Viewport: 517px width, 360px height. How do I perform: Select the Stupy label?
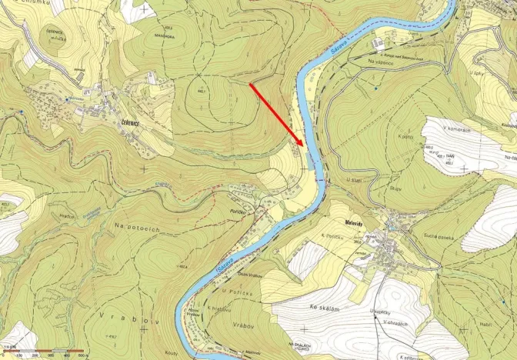click(x=374, y=185)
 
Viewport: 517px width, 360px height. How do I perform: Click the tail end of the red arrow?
click(x=251, y=83)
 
